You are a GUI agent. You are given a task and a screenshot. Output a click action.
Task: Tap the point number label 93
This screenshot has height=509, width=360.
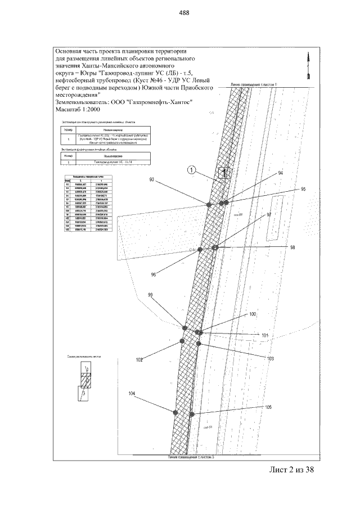(152, 179)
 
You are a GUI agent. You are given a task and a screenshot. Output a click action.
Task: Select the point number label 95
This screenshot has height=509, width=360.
(304, 188)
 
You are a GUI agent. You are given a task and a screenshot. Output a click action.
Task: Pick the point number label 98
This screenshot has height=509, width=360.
(291, 248)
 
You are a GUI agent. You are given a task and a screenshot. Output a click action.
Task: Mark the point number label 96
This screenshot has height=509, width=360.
(154, 274)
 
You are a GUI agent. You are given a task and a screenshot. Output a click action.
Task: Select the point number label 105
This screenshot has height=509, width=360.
(268, 407)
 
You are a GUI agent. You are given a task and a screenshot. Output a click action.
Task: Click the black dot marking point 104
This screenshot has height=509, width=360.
(175, 412)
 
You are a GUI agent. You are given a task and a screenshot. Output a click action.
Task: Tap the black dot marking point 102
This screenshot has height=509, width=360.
(182, 341)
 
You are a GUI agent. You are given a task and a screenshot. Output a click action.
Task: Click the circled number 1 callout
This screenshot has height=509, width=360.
(191, 169)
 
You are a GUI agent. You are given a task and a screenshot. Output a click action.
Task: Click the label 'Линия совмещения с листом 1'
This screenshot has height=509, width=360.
(254, 84)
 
